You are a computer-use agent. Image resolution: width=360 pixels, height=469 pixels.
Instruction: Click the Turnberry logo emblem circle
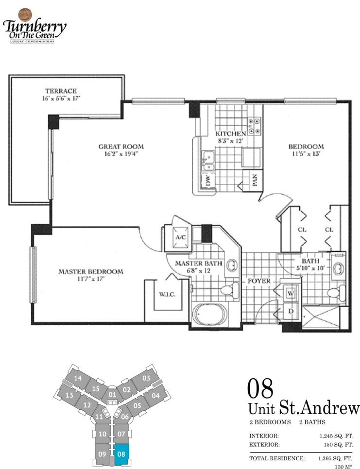coord(25,15)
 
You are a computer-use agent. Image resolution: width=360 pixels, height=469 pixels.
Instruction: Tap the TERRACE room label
coord(61,91)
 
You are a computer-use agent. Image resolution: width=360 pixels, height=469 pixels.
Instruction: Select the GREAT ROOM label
coord(121,147)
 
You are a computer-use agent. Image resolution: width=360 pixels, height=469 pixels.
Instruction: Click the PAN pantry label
coord(255,180)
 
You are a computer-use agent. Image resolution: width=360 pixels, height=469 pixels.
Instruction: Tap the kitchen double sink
coord(208,161)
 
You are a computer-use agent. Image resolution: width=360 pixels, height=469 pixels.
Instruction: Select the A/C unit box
coord(180,237)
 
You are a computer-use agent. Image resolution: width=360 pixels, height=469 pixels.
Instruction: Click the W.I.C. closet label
coord(167,295)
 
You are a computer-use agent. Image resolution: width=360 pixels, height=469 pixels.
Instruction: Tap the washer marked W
coord(291,293)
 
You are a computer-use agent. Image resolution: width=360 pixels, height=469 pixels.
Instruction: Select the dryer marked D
coord(291,311)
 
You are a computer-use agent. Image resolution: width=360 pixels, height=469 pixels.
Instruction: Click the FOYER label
coord(259,281)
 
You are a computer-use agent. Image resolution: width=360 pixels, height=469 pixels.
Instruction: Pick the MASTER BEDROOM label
coord(91,272)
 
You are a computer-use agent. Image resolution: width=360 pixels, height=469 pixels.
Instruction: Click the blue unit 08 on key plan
coord(121,454)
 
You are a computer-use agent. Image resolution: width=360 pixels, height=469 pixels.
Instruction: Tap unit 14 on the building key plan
coord(78,378)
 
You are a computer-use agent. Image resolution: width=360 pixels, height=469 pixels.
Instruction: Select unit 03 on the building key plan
coord(146,378)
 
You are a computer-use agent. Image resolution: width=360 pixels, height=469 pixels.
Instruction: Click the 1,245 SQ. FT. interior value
coord(336,436)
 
